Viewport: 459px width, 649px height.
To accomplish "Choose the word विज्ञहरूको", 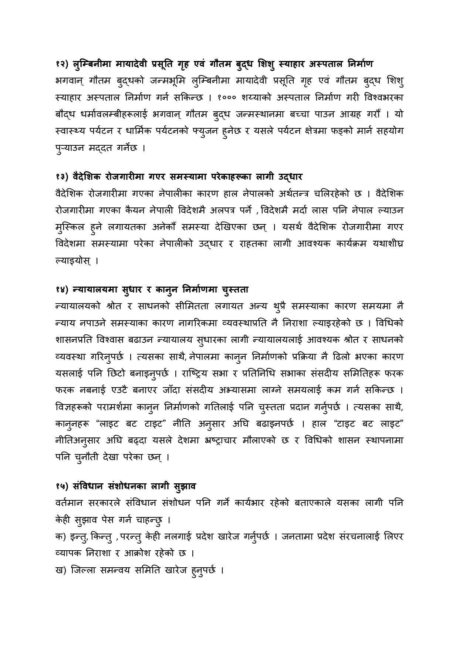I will point(77,408).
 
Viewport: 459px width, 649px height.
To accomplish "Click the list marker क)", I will point(60,537).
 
